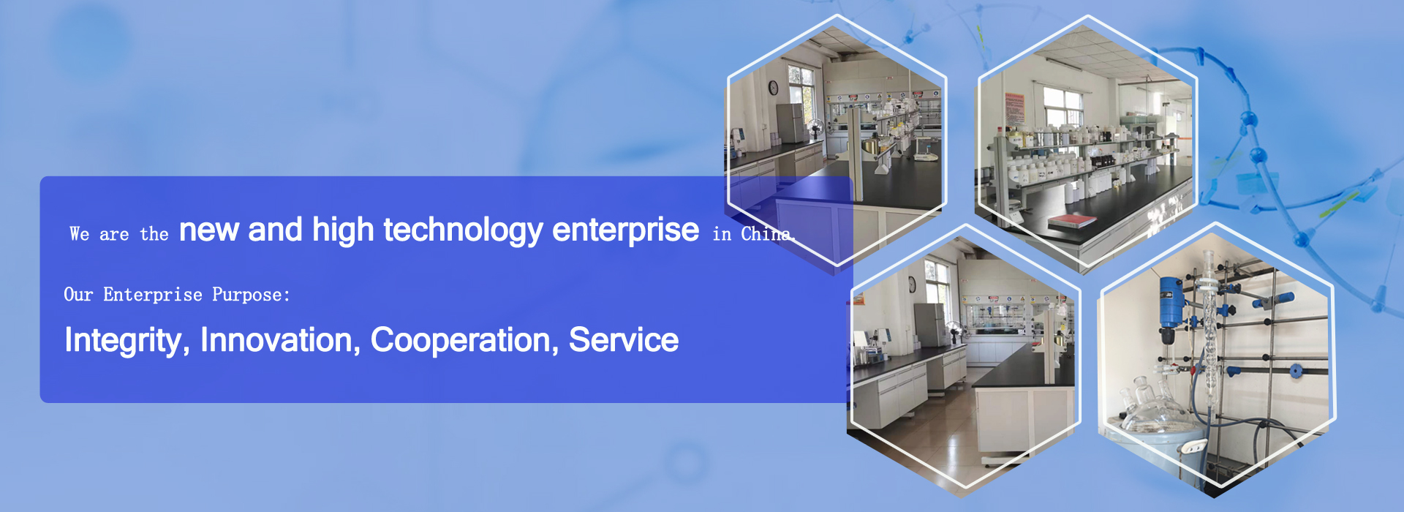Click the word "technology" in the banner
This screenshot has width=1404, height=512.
(x=464, y=230)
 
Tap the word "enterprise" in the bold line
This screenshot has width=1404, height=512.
(x=625, y=230)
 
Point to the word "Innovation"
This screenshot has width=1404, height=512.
(x=280, y=340)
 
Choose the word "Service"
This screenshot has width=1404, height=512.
(x=624, y=340)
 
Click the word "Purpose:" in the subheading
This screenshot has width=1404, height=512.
(x=251, y=295)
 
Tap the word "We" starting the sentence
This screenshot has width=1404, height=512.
(x=80, y=234)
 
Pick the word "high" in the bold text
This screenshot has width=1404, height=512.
(x=343, y=230)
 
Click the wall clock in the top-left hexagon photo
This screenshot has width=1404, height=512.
(x=773, y=88)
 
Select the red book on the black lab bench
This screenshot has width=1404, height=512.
(x=1072, y=220)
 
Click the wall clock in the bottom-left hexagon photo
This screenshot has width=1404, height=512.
(x=912, y=285)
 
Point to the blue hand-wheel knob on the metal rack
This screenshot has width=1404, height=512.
(x=1296, y=370)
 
